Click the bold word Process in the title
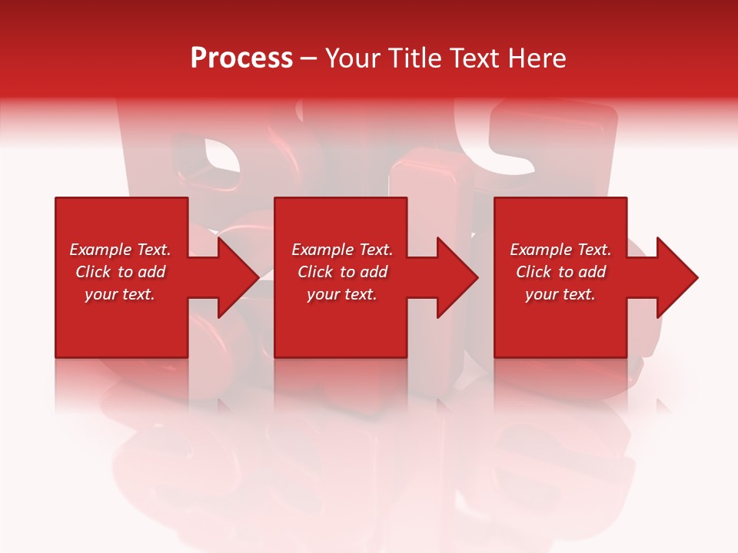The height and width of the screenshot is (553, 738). [241, 58]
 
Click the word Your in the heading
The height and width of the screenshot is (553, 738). [353, 58]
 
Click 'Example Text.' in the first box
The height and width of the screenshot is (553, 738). [120, 250]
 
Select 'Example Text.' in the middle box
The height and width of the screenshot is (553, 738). [342, 250]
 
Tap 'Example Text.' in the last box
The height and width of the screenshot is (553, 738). [560, 250]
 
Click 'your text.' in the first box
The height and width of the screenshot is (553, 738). [120, 294]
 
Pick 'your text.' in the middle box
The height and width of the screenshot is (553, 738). [342, 294]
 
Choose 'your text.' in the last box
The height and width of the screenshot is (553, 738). [560, 294]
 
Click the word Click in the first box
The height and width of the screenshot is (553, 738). [94, 272]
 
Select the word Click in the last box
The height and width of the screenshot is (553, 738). [534, 272]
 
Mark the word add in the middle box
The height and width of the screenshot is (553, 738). [374, 272]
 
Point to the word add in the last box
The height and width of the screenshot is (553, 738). [593, 272]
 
